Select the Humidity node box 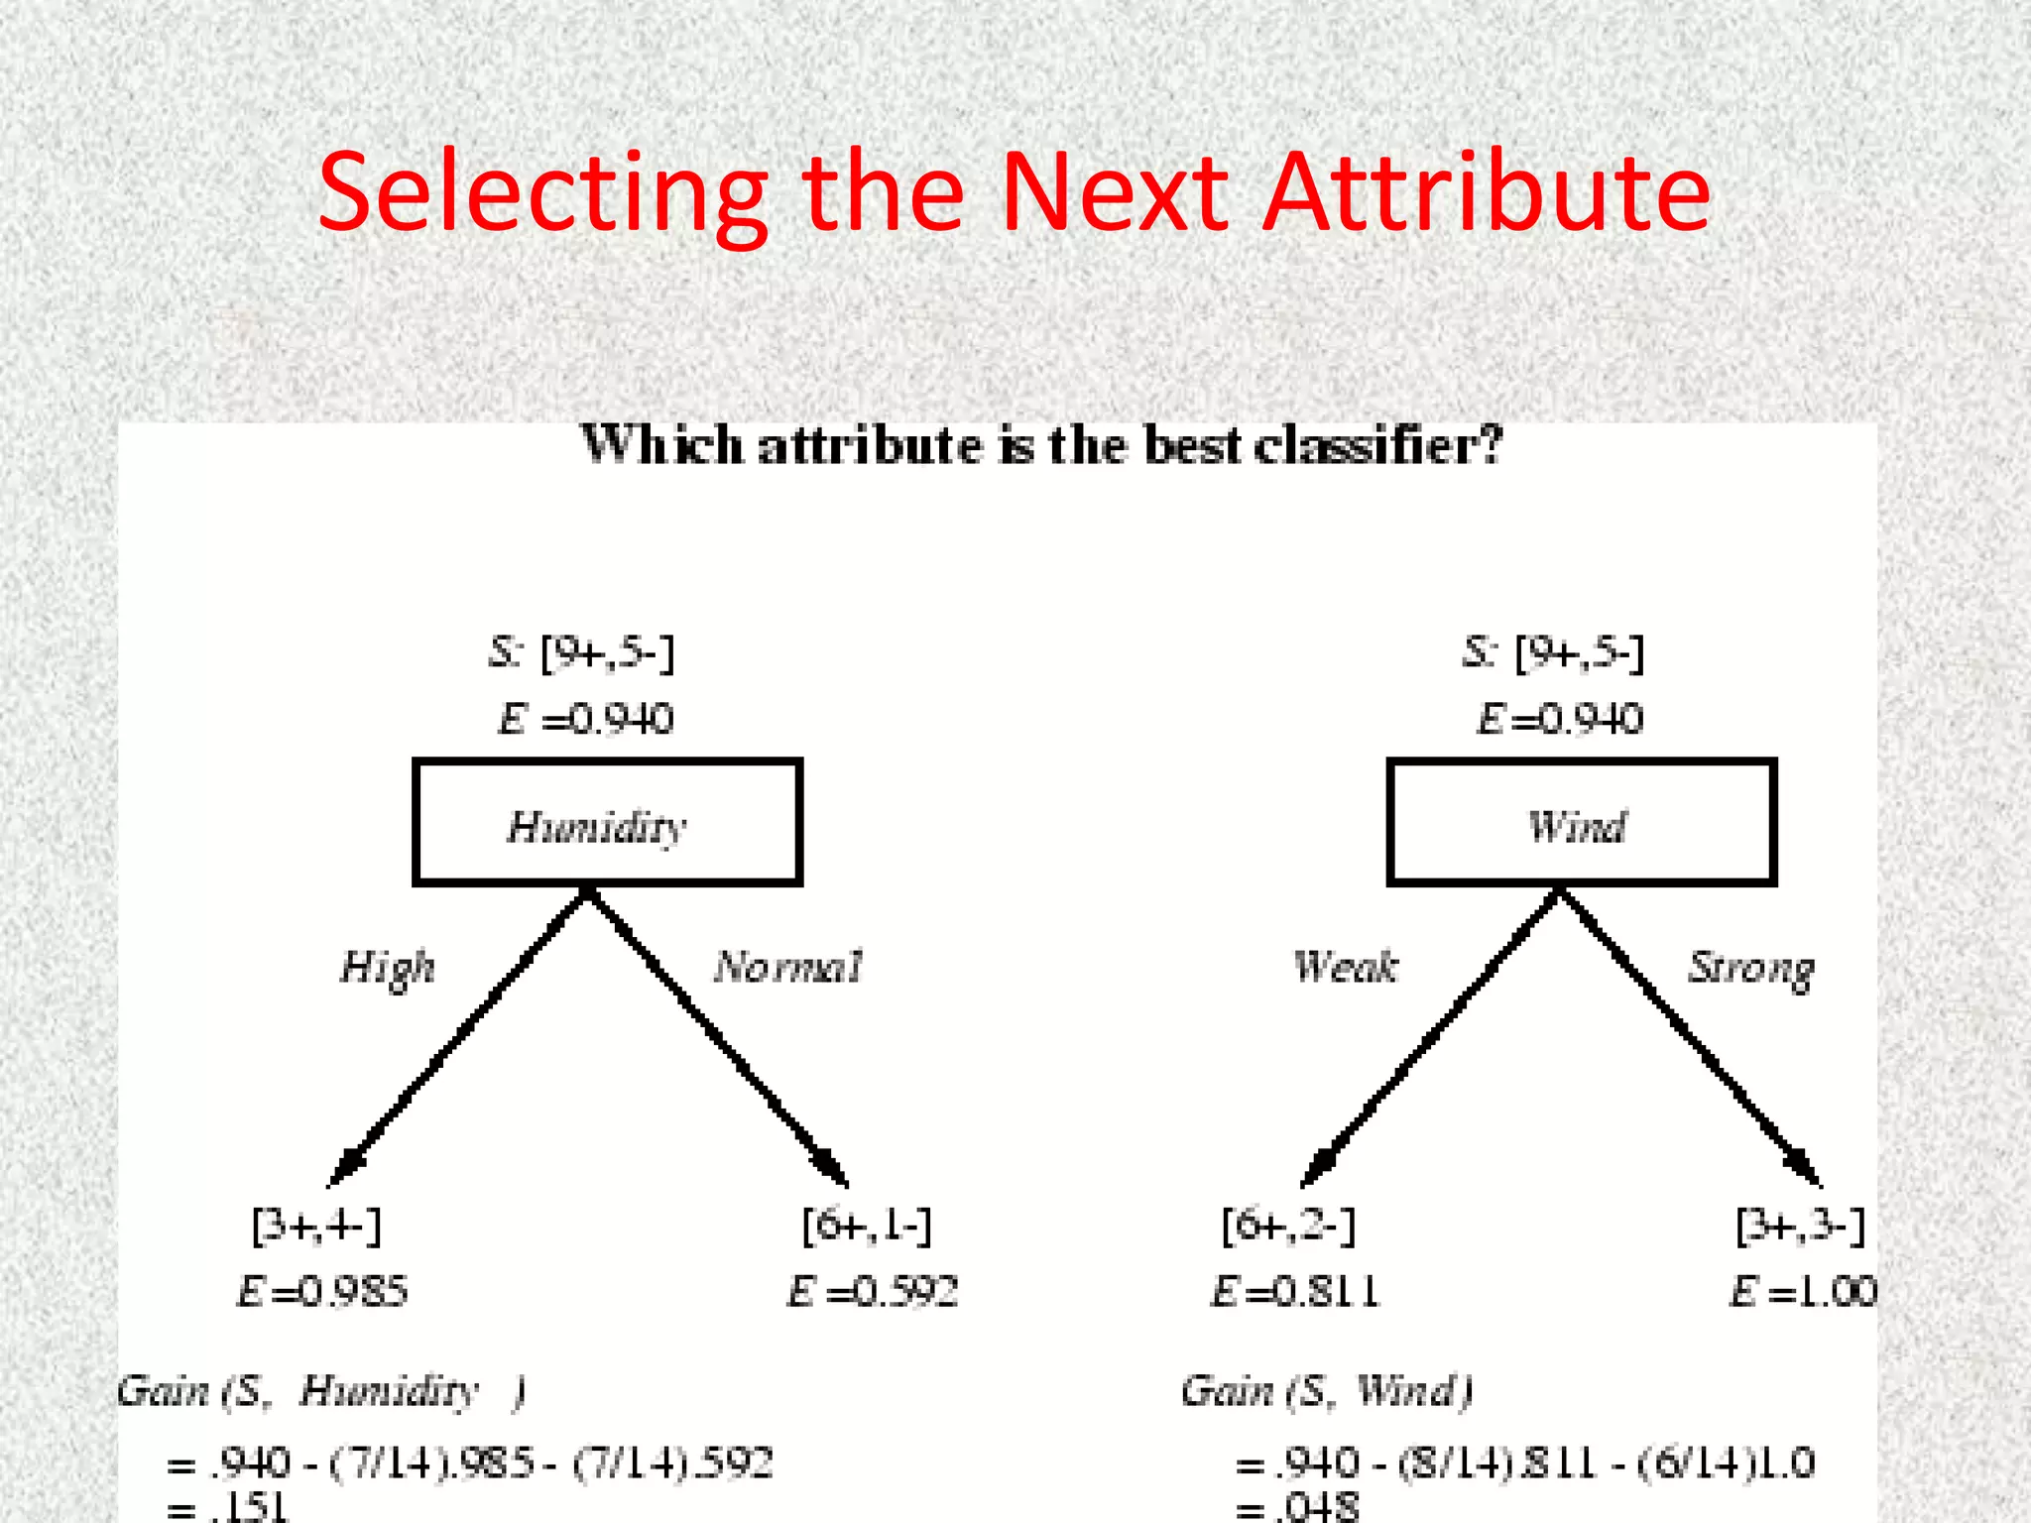[x=607, y=822]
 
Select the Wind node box [x=1581, y=822]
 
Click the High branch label [x=388, y=967]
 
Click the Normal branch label [x=788, y=966]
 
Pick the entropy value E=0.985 [x=322, y=1291]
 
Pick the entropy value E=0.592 [x=873, y=1291]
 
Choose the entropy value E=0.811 [x=1295, y=1291]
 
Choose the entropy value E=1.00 [x=1803, y=1291]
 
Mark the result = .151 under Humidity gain [x=228, y=1507]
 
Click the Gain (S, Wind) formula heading [x=1326, y=1390]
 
